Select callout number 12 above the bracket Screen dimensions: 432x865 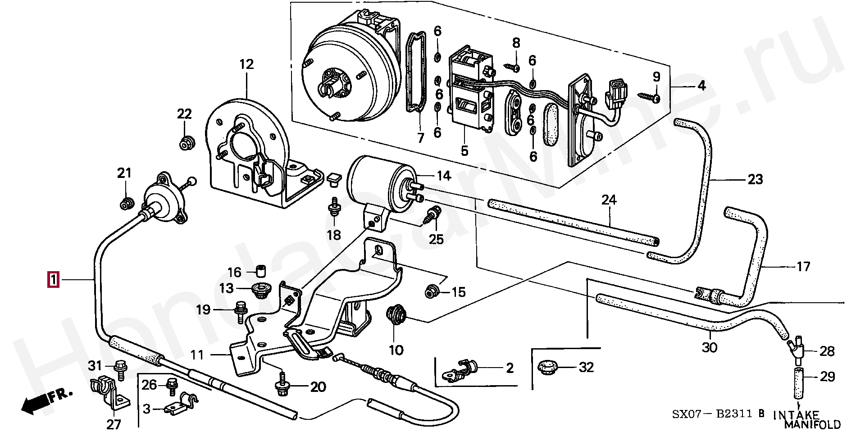click(x=246, y=64)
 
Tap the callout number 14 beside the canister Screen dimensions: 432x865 click(x=444, y=175)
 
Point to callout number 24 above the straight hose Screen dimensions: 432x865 click(x=609, y=200)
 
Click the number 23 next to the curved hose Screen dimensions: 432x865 click(x=756, y=179)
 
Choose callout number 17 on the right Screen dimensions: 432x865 click(x=803, y=267)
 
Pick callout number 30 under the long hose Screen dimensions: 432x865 click(x=709, y=348)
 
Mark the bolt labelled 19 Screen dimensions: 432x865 click(x=240, y=311)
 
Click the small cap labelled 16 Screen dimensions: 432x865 click(x=260, y=272)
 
